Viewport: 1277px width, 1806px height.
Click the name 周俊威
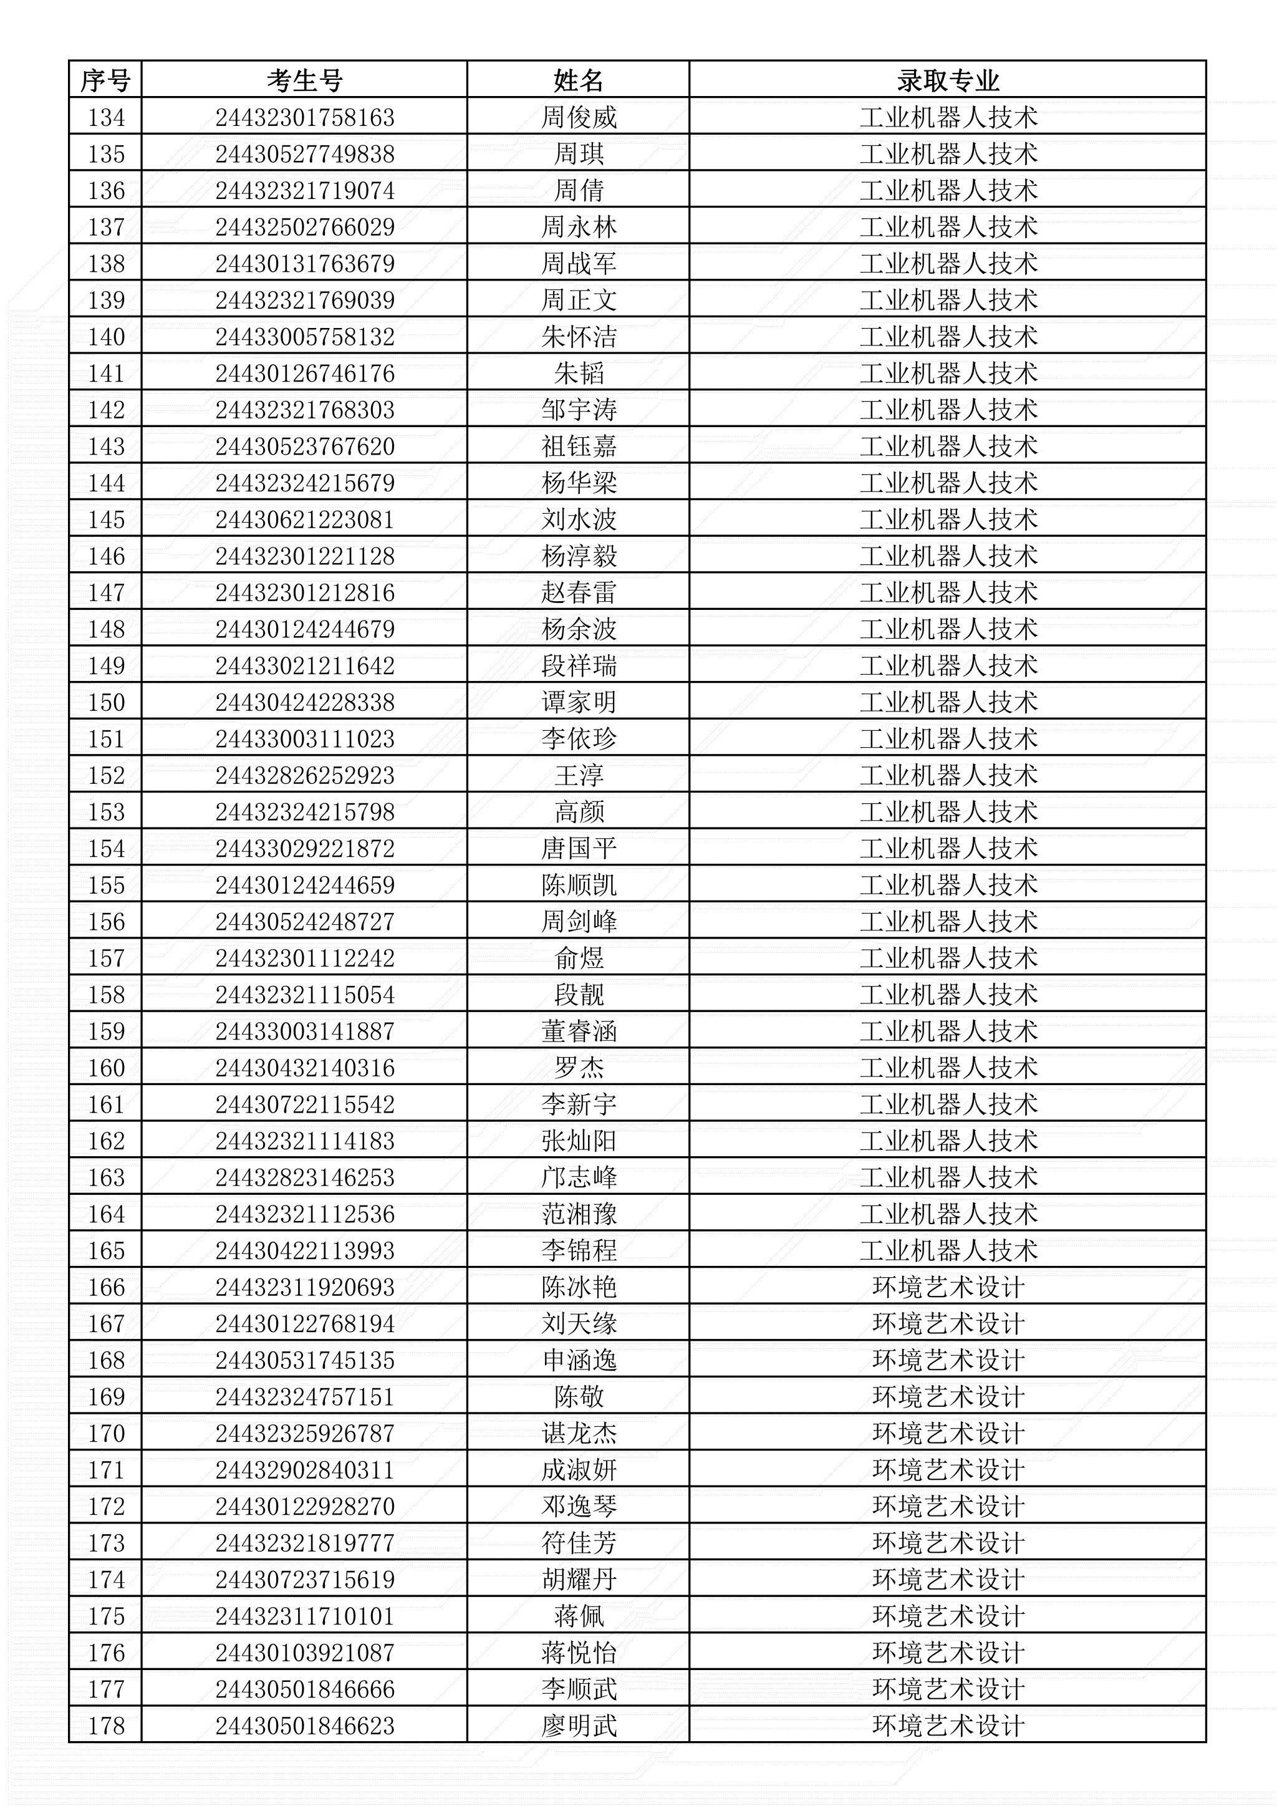tap(578, 118)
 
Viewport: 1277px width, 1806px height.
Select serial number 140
tap(105, 337)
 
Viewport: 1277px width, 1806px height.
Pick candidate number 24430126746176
tap(304, 374)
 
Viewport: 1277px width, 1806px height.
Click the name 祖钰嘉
tap(578, 447)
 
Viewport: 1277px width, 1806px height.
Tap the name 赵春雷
tap(578, 592)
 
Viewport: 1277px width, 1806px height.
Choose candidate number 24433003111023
tap(304, 738)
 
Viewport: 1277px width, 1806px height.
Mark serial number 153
tap(105, 812)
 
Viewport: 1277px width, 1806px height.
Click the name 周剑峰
tap(578, 921)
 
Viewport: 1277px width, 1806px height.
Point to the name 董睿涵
tap(578, 1031)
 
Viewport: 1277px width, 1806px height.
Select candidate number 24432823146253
tap(304, 1177)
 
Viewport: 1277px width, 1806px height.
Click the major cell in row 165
tap(948, 1251)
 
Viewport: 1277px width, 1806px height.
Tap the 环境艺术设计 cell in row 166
tap(948, 1287)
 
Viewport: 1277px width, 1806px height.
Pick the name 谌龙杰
tap(578, 1433)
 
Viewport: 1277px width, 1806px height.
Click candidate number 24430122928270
tap(304, 1506)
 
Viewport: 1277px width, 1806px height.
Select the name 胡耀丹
tap(578, 1580)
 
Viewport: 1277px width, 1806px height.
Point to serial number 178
tap(105, 1726)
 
